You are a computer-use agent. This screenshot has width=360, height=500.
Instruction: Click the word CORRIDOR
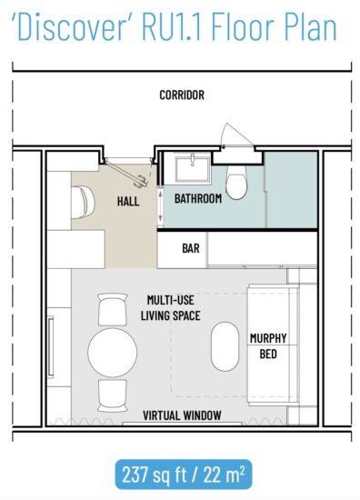[x=182, y=95]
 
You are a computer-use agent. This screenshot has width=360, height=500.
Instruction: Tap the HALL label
[x=128, y=201]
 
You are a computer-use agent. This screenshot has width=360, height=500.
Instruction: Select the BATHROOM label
[x=197, y=198]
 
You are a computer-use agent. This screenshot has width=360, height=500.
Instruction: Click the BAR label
[x=191, y=247]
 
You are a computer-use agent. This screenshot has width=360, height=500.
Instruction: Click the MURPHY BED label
[x=268, y=345]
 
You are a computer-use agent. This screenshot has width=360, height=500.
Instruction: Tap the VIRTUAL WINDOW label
[x=182, y=415]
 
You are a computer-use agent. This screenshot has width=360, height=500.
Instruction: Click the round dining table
[x=113, y=350]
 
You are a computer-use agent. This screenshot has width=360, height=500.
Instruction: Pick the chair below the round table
[x=114, y=393]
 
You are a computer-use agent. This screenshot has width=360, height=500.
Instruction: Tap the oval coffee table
[x=223, y=347]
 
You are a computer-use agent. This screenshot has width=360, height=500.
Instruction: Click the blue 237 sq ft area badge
[x=180, y=473]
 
